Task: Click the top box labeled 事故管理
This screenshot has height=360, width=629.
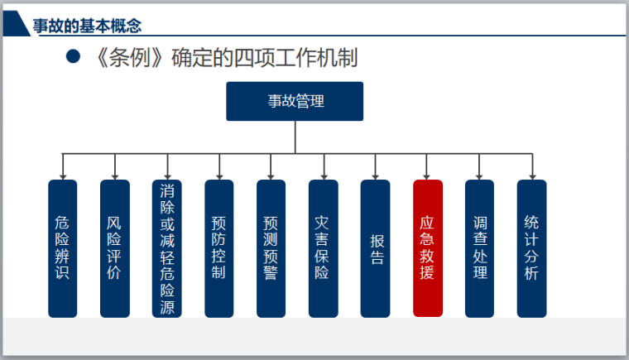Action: [x=295, y=101]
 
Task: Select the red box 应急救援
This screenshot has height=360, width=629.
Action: [x=428, y=248]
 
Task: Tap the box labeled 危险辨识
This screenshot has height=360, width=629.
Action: [x=63, y=248]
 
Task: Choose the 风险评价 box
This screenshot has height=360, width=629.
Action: [x=115, y=248]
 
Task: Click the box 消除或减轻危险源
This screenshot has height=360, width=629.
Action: [x=167, y=248]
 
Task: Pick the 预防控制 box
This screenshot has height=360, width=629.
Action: [x=219, y=248]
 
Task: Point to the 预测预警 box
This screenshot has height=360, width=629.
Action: [x=271, y=248]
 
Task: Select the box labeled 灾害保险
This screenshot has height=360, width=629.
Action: [x=324, y=248]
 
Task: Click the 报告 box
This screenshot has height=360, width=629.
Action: [x=375, y=248]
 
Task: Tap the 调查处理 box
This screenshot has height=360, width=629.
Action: [x=479, y=248]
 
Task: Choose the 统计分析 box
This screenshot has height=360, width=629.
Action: [x=531, y=248]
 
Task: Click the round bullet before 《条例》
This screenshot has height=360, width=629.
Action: [x=73, y=56]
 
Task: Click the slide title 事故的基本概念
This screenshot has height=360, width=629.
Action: [x=87, y=26]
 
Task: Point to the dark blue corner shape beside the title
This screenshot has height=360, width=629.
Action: [x=16, y=24]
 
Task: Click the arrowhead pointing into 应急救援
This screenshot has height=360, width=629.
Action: [x=426, y=177]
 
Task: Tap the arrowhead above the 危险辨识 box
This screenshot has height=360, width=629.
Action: [x=63, y=177]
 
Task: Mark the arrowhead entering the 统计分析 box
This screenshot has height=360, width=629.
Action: [x=532, y=177]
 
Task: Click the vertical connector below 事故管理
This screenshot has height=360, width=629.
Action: [x=295, y=137]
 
